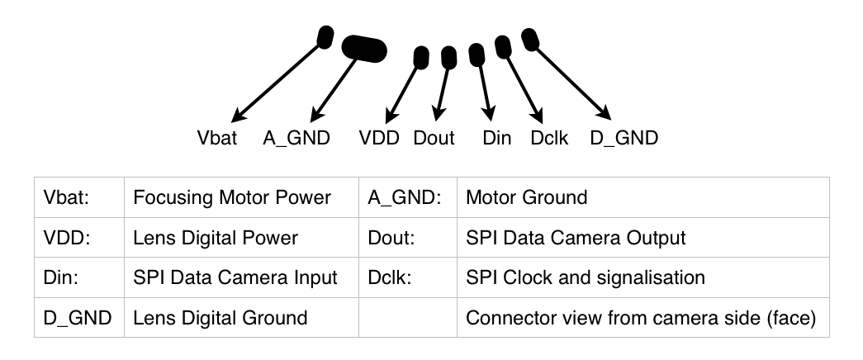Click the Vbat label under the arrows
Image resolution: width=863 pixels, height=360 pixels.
coord(216,138)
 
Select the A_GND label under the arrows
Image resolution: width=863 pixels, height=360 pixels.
coord(296,138)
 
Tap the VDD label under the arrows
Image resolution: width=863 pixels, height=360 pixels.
coord(379,138)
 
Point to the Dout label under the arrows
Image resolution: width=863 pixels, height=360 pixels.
coord(434,138)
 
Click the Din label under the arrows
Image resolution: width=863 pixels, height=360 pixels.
coord(497,138)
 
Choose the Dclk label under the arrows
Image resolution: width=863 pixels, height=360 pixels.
coord(549,138)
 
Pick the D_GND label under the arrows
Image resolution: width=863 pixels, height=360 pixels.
coord(624,138)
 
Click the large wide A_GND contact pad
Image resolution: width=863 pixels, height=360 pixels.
coord(364,50)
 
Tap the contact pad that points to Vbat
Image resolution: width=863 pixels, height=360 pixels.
coord(325,37)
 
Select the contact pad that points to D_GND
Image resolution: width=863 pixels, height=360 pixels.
coord(530,38)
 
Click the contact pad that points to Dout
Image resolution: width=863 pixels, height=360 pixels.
coord(448,57)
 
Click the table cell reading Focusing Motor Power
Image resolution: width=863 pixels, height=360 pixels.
coord(231,197)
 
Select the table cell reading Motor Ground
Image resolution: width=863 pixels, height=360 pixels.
coord(526,197)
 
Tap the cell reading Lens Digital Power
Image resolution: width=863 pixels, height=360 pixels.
coord(215,238)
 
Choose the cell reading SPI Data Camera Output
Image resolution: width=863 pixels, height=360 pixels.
coord(576,238)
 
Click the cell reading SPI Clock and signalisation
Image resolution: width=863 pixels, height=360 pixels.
coord(585,277)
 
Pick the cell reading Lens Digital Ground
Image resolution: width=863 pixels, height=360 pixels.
coord(220,318)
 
